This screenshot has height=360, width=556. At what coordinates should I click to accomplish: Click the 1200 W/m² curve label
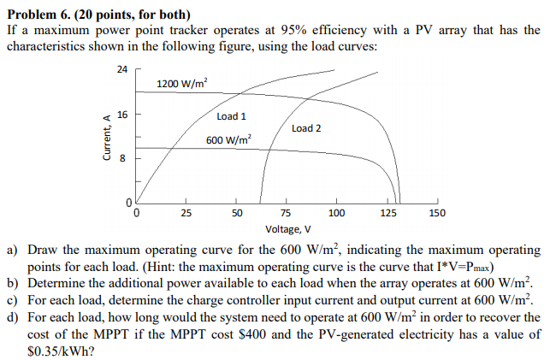point(182,84)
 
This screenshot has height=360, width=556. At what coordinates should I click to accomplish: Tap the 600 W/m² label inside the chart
point(229,139)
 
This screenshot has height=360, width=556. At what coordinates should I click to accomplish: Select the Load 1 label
point(232,116)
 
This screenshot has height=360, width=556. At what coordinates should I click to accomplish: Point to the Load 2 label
point(306,128)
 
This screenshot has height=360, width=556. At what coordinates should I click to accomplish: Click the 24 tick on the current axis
point(121,69)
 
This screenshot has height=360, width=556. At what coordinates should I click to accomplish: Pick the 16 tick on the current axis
point(121,114)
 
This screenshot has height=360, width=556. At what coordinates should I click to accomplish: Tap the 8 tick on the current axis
point(123,158)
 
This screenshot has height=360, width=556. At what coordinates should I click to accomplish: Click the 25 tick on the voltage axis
point(186,213)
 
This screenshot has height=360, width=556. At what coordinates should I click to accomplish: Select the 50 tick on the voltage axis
point(237,213)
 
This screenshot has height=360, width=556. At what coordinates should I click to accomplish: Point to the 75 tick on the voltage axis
point(287,213)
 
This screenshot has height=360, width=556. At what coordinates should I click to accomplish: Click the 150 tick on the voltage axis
point(436,213)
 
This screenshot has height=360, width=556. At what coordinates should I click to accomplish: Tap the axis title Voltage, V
point(288,229)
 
